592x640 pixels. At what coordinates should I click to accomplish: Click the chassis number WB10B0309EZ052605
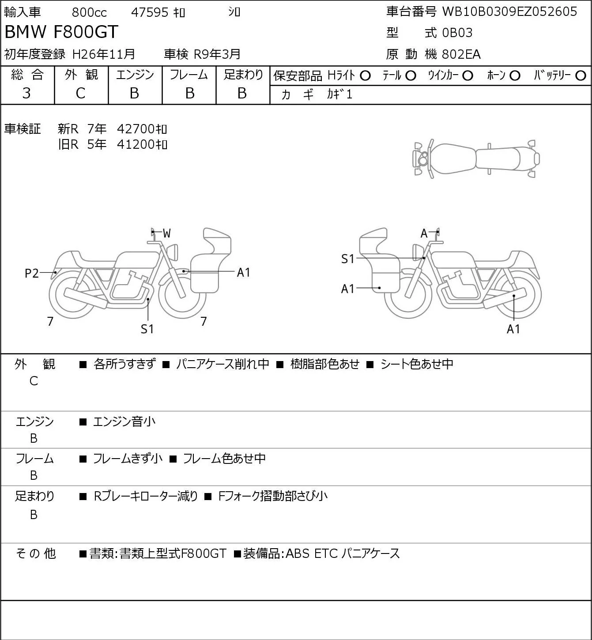[x=509, y=11]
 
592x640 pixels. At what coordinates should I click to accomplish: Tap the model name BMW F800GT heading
[x=61, y=32]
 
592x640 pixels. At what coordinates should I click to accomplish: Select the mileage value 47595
[x=150, y=12]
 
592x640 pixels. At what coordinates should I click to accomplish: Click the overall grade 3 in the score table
[x=26, y=94]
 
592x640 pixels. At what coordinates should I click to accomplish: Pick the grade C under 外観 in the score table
[x=80, y=94]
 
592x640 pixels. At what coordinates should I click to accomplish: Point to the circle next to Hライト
[x=365, y=76]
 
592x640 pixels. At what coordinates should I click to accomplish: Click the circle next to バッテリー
[x=581, y=76]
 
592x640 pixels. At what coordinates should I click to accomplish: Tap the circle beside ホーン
[x=515, y=76]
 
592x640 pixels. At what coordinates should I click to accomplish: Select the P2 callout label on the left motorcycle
[x=32, y=273]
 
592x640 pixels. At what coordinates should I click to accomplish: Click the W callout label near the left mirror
[x=167, y=233]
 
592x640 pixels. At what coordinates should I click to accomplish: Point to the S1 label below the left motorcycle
[x=147, y=329]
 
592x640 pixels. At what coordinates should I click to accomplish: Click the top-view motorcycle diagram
[x=476, y=158]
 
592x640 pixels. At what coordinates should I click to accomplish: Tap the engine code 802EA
[x=461, y=54]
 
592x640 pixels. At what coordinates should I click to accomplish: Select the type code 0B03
[x=457, y=33]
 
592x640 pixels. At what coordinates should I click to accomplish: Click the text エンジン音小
[x=124, y=422]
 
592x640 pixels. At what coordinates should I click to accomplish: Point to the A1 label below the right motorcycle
[x=513, y=329]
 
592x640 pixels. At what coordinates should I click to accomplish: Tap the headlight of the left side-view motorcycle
[x=173, y=252]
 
